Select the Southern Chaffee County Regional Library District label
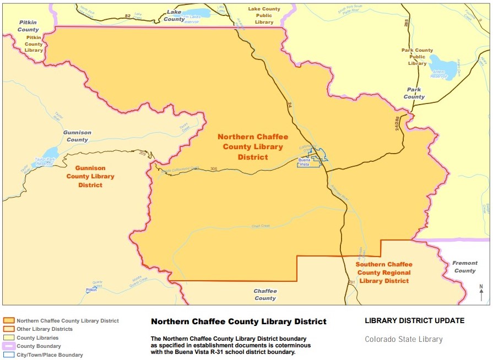384,272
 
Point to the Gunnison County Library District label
90,177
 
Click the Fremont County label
464,267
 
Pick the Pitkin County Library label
34,43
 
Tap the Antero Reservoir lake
442,67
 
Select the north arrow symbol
481,292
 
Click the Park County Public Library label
417,57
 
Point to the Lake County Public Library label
264,15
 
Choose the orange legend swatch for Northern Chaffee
9,320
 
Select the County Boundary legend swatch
9,346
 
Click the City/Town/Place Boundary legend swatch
9,355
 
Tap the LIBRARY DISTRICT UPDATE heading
414,320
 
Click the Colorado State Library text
403,339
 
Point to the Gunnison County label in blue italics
77,136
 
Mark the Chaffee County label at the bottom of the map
265,294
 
